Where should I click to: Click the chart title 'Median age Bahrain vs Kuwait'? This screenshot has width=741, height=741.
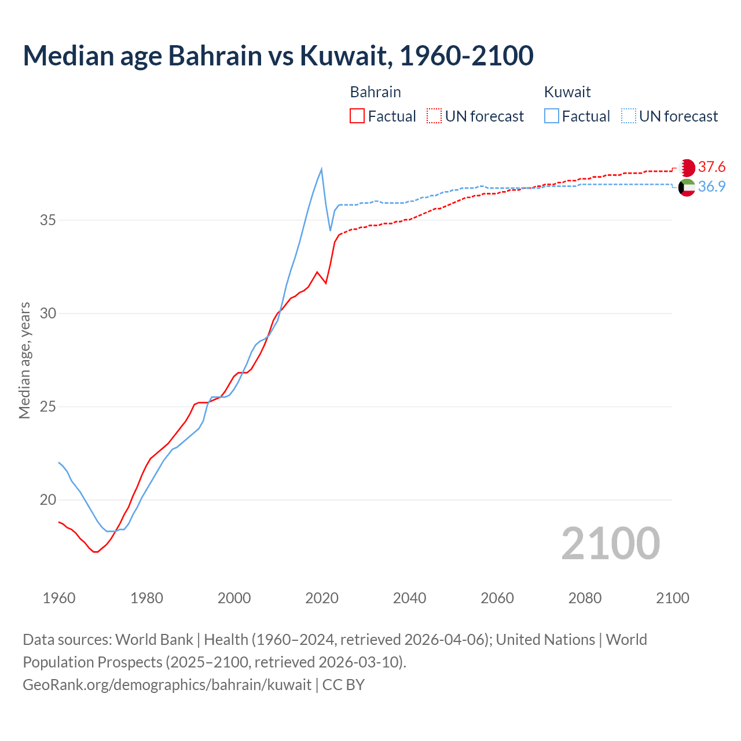pos(278,56)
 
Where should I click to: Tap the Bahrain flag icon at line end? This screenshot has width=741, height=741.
pos(687,168)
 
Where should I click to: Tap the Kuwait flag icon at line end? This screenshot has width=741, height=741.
pos(687,187)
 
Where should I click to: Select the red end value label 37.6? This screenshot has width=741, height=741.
pos(711,167)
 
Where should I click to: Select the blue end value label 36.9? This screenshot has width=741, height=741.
pos(711,186)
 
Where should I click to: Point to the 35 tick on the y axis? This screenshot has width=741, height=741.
pos(48,221)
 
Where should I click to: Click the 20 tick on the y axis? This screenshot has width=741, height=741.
pos(48,500)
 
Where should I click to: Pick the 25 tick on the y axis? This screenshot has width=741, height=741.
pos(48,406)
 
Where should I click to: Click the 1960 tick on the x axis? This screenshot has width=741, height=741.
pos(59,598)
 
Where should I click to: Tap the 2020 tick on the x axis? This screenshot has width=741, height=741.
pos(322,598)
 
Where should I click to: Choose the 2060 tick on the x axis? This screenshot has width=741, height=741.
pos(497,598)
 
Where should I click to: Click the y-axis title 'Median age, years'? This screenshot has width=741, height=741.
pos(24,360)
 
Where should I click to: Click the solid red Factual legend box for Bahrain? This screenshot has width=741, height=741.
pos(357,116)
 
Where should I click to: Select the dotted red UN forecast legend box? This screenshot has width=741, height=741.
pos(434,116)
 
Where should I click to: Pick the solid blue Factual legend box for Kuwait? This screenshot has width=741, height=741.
pos(552,116)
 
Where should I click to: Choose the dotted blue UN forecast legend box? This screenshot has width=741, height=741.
pos(629,116)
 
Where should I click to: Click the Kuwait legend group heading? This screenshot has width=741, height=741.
pos(567,92)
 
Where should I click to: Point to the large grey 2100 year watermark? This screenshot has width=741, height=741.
pos(610,544)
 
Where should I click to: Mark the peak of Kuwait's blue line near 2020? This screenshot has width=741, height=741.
pos(321,169)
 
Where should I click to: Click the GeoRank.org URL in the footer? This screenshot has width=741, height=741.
pos(167,685)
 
